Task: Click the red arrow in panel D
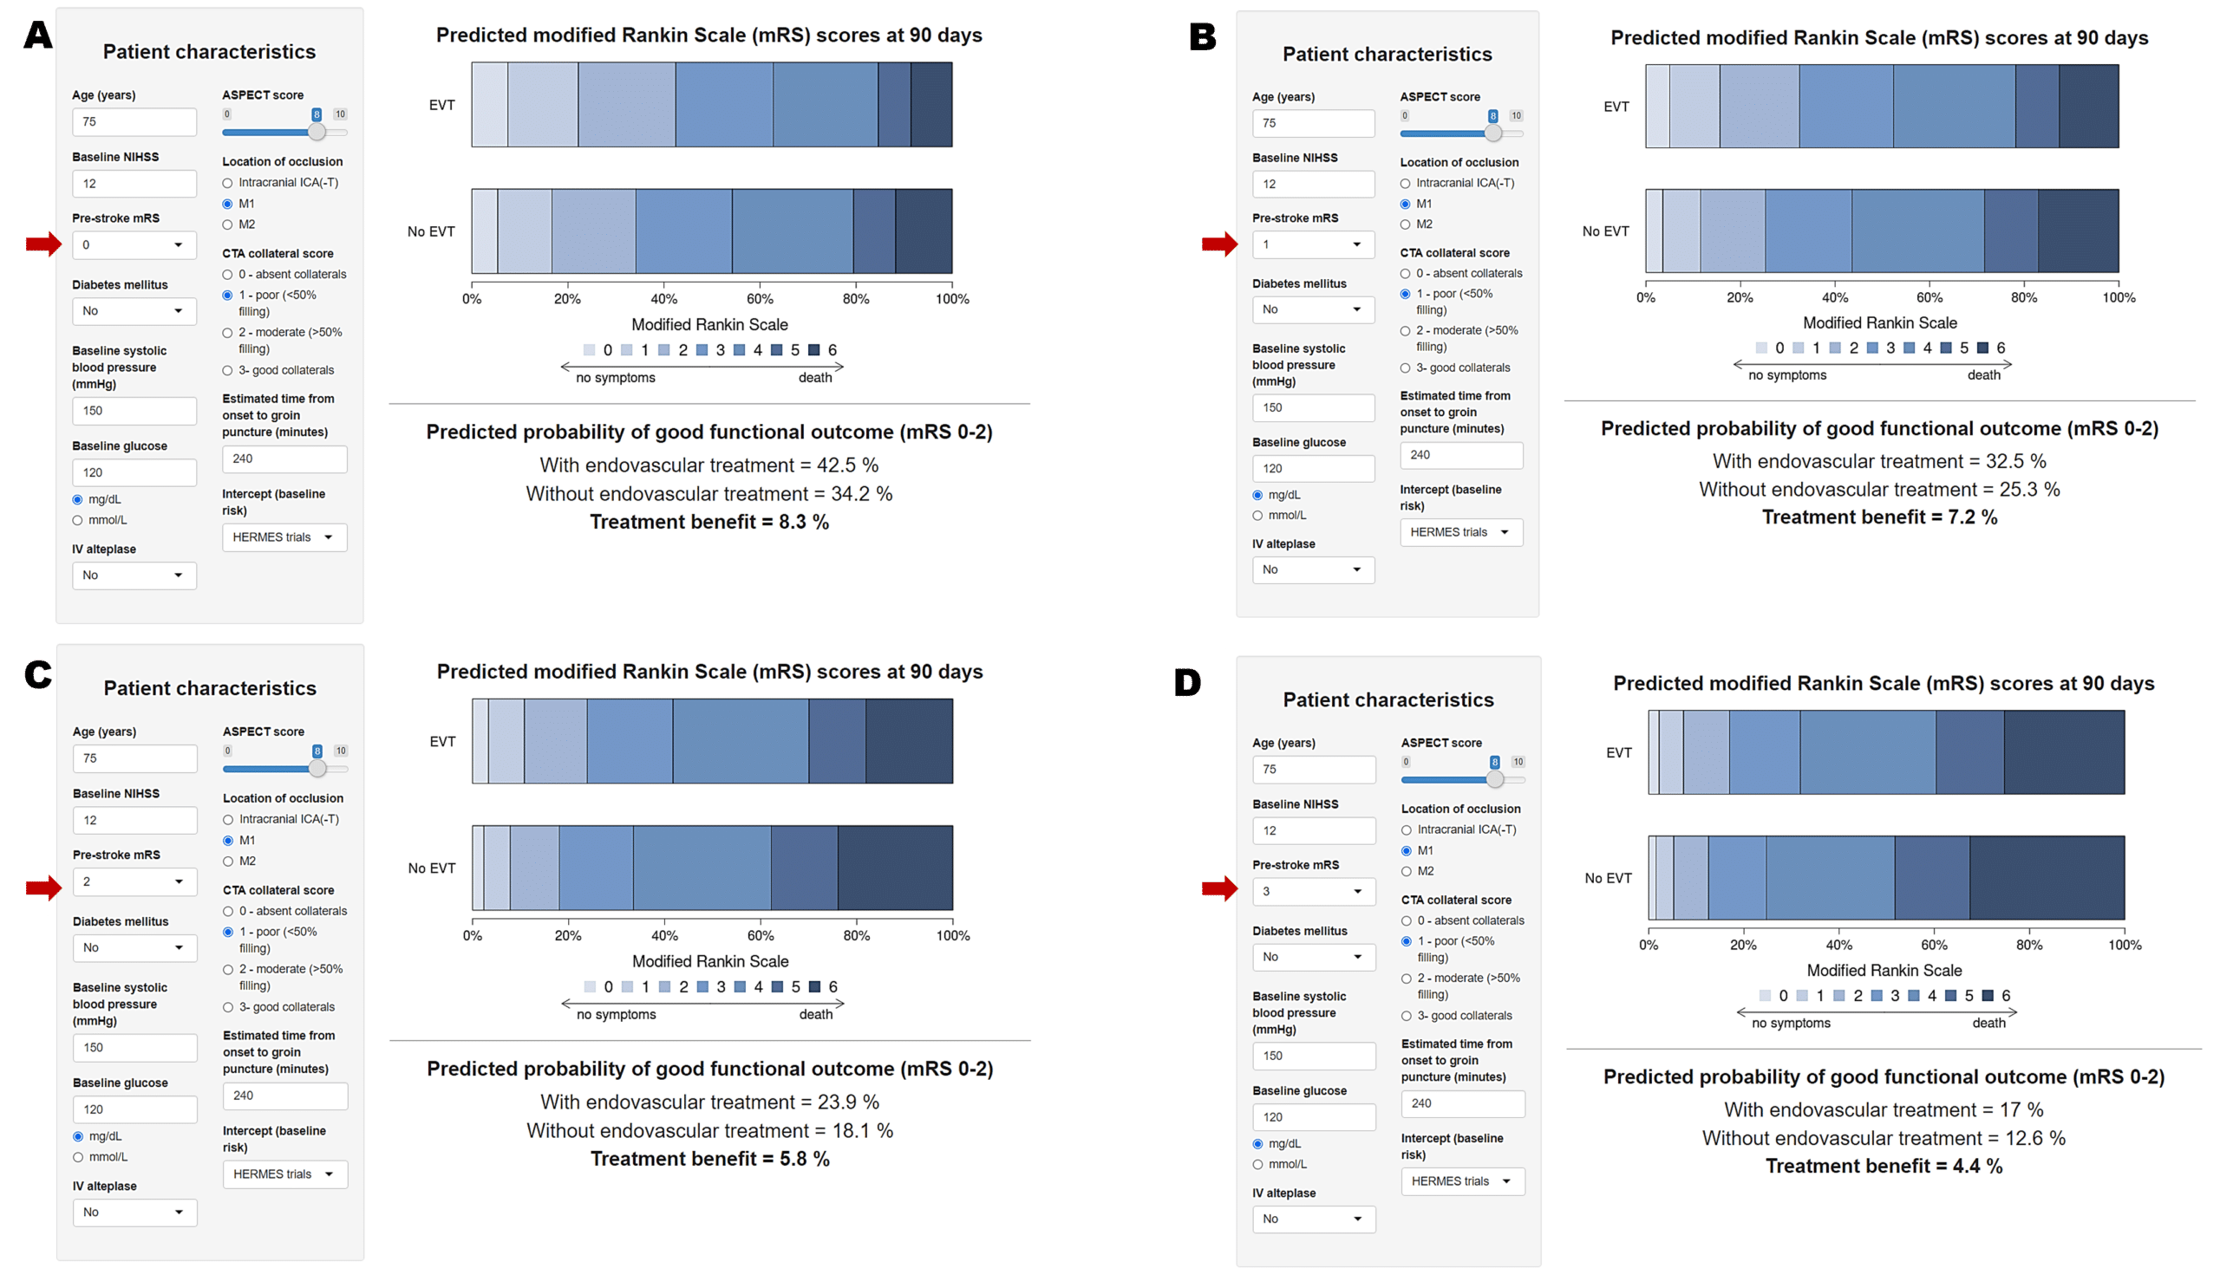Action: tap(1219, 889)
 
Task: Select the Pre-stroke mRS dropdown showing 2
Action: tap(134, 881)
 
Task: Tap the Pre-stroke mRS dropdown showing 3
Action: tap(1313, 891)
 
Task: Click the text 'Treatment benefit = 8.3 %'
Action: tap(708, 522)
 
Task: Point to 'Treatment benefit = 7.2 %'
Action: tap(1878, 517)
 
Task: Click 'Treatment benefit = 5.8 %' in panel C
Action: tap(709, 1159)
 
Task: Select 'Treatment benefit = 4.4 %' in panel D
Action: tap(1883, 1166)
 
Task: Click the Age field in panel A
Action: tap(134, 122)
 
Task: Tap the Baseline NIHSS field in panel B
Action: tap(1312, 184)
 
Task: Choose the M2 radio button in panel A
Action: tap(228, 224)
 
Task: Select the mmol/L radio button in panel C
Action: tap(78, 1157)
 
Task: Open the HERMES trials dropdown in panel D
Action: tap(1462, 1181)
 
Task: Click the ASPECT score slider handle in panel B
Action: tap(1493, 133)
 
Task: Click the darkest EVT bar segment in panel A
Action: tap(930, 105)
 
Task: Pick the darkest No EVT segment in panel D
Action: tap(2046, 878)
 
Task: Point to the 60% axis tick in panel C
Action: tap(761, 935)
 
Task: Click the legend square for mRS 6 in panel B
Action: tap(1982, 348)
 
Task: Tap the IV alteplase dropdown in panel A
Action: tap(134, 575)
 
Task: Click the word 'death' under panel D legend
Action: tap(1988, 1024)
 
